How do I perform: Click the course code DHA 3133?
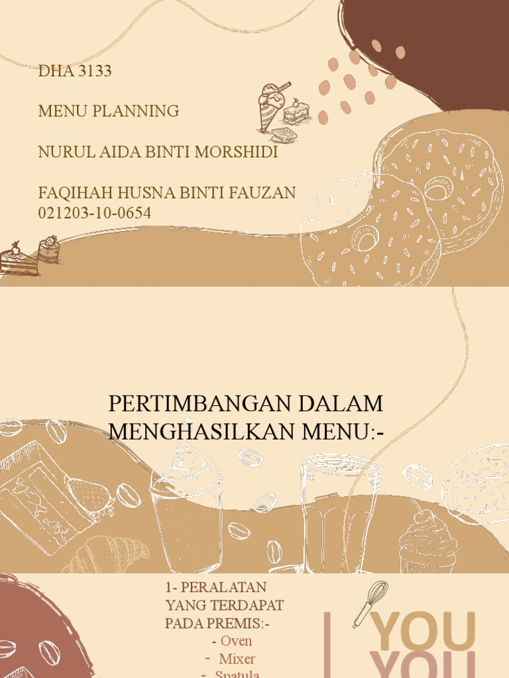click(75, 71)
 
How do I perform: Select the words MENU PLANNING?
click(109, 111)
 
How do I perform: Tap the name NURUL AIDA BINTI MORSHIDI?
click(158, 152)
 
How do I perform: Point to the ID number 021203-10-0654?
click(95, 213)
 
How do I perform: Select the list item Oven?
click(236, 641)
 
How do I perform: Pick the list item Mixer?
click(237, 659)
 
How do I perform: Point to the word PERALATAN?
click(223, 587)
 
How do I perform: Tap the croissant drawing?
click(106, 554)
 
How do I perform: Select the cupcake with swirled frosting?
click(428, 543)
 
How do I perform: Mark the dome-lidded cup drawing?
click(185, 510)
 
